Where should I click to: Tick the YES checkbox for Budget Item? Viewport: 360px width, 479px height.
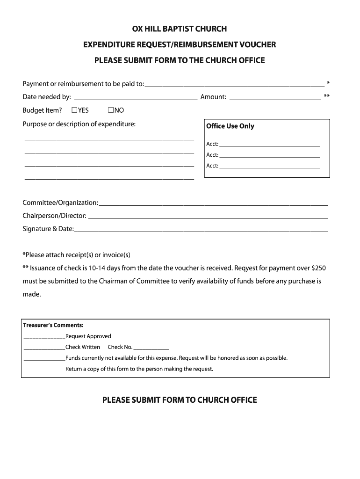[x=74, y=110]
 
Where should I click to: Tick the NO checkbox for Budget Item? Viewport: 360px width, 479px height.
[x=111, y=110]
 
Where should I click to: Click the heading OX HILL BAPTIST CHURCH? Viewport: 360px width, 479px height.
[x=180, y=29]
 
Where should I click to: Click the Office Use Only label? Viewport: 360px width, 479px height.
[x=230, y=126]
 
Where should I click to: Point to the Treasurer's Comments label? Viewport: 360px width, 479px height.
[x=53, y=325]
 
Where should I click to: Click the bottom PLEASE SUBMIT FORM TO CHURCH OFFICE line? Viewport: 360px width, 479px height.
[x=180, y=400]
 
